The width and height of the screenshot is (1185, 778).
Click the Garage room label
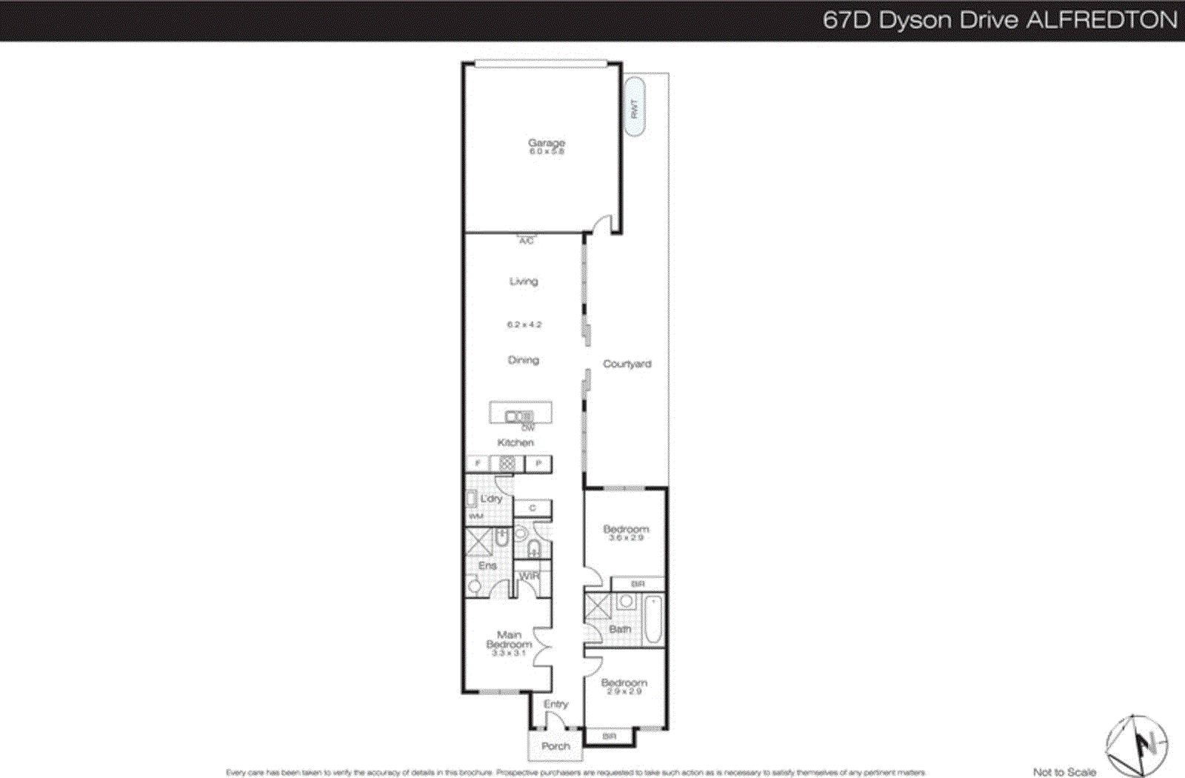[x=547, y=142]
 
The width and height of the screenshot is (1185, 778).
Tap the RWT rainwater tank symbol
[x=634, y=108]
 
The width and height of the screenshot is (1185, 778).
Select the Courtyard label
[x=627, y=364]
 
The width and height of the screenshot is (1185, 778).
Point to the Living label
[x=524, y=282]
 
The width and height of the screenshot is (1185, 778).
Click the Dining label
[x=524, y=360]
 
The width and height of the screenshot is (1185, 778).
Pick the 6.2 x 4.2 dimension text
[x=524, y=325]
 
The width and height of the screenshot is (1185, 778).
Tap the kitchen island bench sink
[x=518, y=416]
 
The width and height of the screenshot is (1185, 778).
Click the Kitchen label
[x=515, y=442]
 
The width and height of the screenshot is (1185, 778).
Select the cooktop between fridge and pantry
[x=507, y=464]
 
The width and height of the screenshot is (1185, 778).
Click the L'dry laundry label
[x=491, y=499]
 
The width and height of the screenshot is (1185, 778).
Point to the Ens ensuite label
[x=487, y=565]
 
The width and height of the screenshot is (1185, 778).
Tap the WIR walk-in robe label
[x=530, y=576]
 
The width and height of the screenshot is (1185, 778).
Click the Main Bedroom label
[x=509, y=639]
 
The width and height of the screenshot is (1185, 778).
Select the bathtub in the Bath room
[x=652, y=620]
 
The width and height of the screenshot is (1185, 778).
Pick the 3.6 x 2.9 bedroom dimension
[x=627, y=538]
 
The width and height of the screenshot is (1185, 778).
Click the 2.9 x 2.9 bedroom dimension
[x=624, y=691]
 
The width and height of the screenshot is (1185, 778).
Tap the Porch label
[x=555, y=746]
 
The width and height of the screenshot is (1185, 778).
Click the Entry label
[x=555, y=704]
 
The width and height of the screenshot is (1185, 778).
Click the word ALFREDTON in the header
[x=1101, y=20]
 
